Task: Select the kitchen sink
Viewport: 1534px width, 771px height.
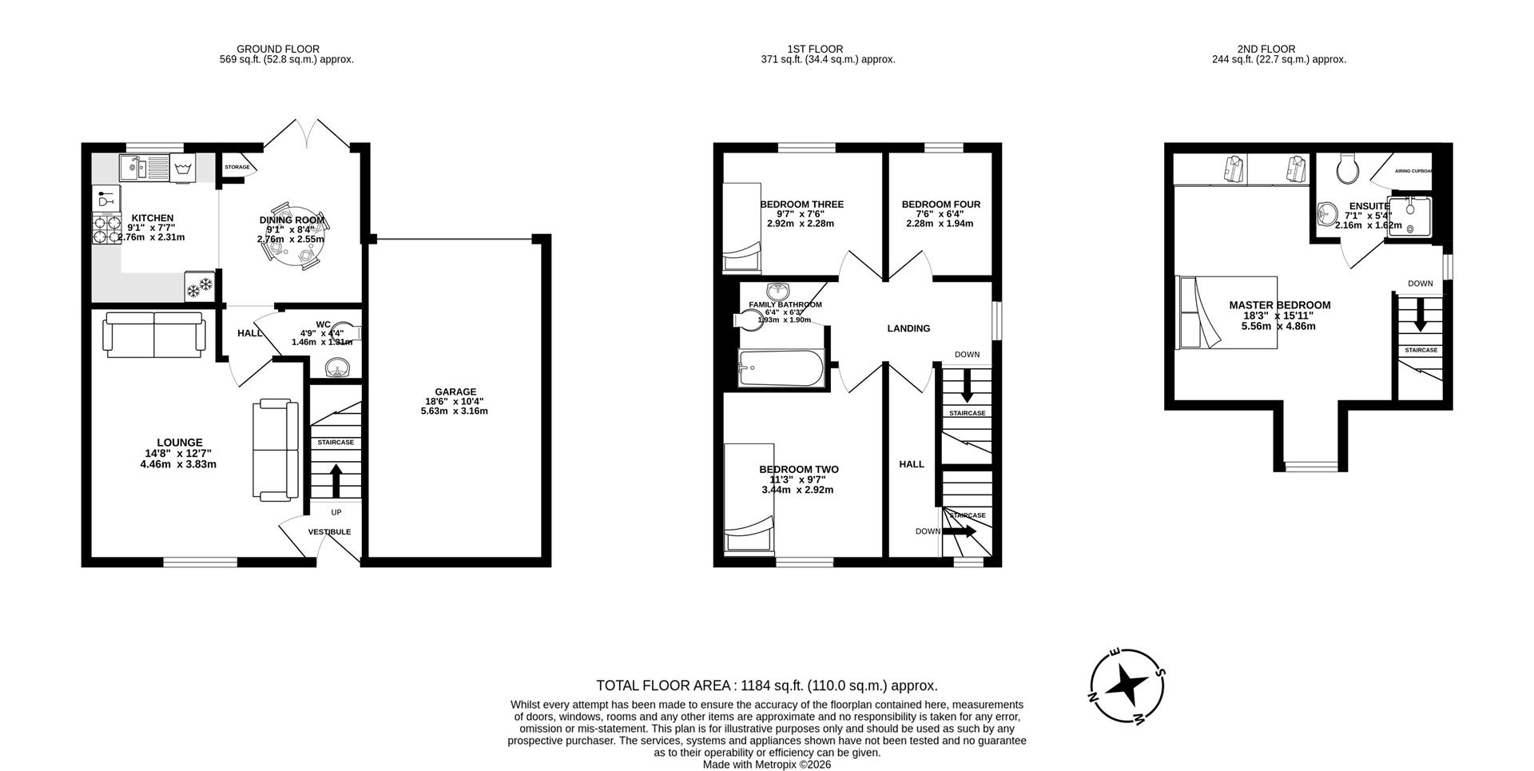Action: [x=143, y=169]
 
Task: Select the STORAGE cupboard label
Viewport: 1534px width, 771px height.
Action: [x=236, y=168]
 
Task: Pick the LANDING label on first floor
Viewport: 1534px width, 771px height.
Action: [x=908, y=328]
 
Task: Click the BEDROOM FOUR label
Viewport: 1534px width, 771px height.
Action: [x=940, y=205]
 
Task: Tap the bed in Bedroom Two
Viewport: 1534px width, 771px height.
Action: [x=749, y=499]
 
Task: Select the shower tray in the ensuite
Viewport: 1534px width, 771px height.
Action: [x=1409, y=217]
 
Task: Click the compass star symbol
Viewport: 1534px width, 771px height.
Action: [x=1127, y=685]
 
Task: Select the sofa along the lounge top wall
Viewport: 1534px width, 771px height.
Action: [x=154, y=335]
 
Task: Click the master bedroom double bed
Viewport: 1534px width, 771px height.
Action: [x=1227, y=312]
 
